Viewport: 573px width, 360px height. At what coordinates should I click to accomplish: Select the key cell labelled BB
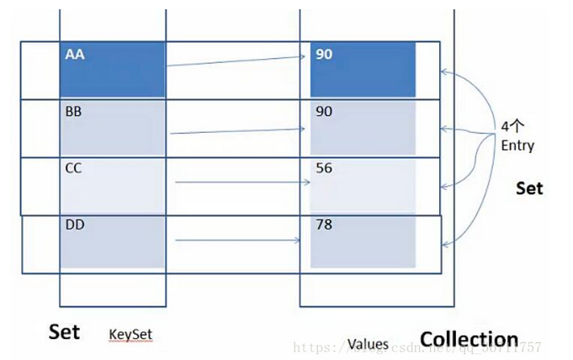point(112,127)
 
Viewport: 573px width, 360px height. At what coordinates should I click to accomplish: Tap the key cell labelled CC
point(112,185)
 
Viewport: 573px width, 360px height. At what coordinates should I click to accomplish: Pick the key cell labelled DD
point(112,242)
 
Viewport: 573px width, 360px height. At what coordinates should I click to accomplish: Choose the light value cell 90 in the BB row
point(363,127)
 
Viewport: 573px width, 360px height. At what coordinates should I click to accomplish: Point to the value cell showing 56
point(363,185)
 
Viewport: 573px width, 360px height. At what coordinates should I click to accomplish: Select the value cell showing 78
point(363,242)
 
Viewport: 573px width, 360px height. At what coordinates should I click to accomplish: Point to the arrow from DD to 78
point(238,241)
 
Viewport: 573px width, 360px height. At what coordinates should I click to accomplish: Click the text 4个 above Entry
point(511,127)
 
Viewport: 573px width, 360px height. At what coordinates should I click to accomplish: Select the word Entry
point(517,145)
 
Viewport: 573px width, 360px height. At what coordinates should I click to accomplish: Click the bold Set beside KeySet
point(64,331)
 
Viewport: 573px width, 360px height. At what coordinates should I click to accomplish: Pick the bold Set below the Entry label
point(529,188)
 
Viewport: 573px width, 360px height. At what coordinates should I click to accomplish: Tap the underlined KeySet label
point(130,335)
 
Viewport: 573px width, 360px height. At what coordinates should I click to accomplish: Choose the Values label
point(368,343)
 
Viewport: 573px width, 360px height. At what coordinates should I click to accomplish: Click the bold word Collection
point(469,339)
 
